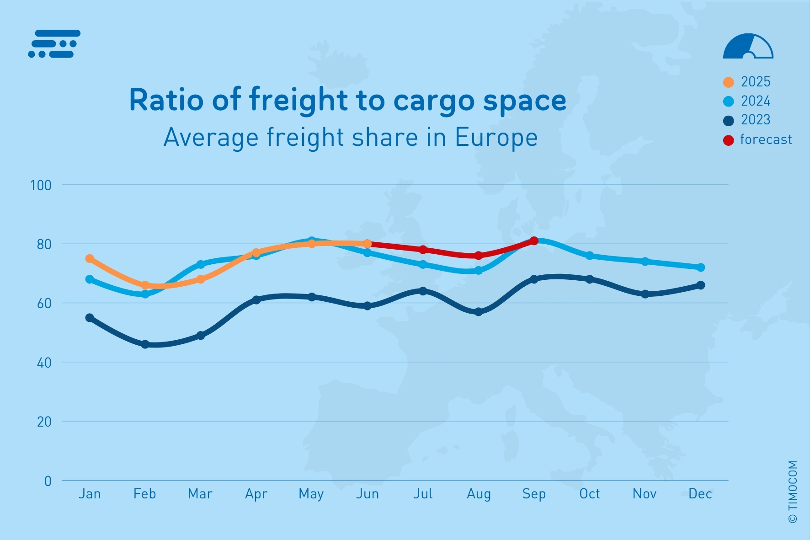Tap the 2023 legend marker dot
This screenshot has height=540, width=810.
click(x=728, y=121)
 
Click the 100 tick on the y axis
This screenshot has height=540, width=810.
click(x=40, y=185)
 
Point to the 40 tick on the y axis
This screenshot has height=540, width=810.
click(x=44, y=363)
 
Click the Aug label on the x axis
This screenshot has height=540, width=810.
click(x=479, y=494)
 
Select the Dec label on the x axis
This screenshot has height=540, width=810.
click(x=700, y=494)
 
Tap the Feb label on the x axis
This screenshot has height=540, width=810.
click(x=144, y=494)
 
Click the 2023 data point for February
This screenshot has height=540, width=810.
click(x=145, y=344)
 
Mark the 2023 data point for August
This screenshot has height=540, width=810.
click(x=479, y=312)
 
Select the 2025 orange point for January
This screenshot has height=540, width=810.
click(x=90, y=259)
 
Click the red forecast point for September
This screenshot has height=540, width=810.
click(x=534, y=241)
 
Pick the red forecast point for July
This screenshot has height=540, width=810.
click(x=423, y=250)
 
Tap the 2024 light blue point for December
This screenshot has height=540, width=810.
click(x=701, y=267)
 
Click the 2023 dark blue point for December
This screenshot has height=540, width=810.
click(x=701, y=285)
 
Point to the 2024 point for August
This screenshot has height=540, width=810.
click(x=479, y=271)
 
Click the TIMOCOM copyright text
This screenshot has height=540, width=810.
click(x=793, y=492)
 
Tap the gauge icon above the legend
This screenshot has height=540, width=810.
click(x=748, y=46)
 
